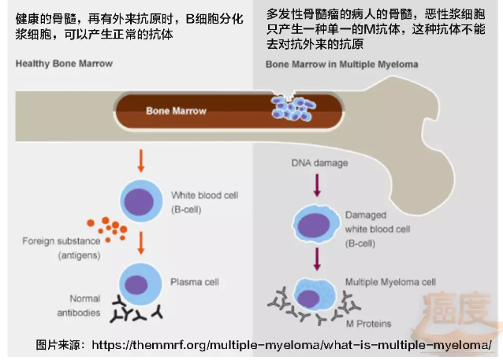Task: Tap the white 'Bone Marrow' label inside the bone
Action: click(176, 111)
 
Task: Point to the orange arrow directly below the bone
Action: click(141, 158)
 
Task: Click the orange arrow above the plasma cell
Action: click(141, 239)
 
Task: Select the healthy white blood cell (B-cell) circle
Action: click(141, 200)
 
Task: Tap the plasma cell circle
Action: click(141, 284)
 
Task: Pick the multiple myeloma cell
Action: click(314, 295)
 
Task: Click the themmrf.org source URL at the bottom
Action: click(291, 345)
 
